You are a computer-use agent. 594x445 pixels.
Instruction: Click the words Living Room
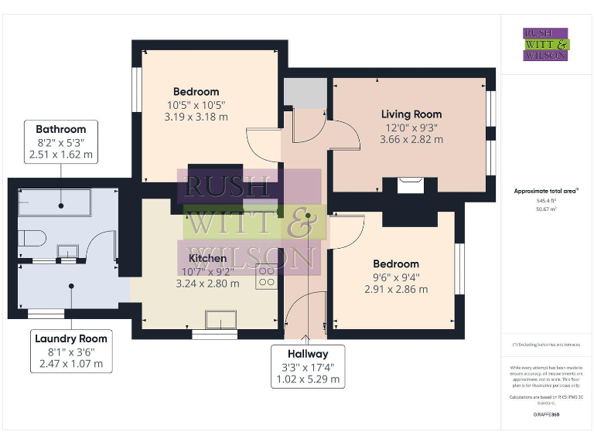click(411, 114)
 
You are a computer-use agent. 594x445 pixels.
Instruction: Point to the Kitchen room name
click(207, 257)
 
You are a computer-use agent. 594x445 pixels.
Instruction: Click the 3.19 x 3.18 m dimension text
click(196, 117)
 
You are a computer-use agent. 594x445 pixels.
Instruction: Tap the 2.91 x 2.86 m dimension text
click(395, 290)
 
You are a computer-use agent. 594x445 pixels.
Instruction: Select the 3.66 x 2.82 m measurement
click(411, 140)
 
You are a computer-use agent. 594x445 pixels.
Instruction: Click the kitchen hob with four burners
click(268, 277)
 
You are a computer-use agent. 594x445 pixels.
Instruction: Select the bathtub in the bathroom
click(54, 205)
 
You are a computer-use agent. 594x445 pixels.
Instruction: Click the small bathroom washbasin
click(68, 250)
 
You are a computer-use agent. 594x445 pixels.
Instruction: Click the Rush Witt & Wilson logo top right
click(546, 44)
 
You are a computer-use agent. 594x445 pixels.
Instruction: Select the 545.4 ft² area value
click(546, 201)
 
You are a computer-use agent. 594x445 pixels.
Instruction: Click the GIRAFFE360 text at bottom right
click(546, 415)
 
